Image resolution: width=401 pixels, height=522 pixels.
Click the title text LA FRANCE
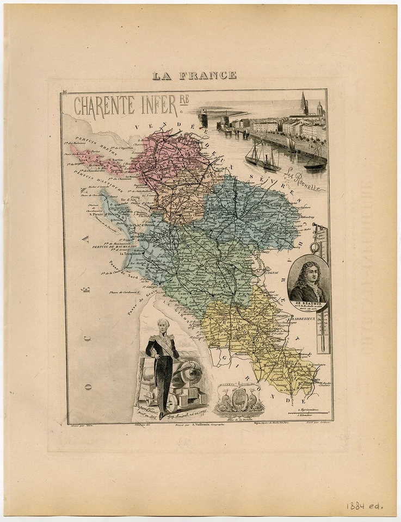pyautogui.click(x=194, y=76)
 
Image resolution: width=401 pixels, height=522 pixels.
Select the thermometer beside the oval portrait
pyautogui.click(x=322, y=288)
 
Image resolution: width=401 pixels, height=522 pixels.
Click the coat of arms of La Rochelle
pyautogui.click(x=239, y=400)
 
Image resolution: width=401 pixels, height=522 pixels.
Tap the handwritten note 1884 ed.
pyautogui.click(x=365, y=506)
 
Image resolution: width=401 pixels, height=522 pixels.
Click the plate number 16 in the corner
pyautogui.click(x=64, y=93)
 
